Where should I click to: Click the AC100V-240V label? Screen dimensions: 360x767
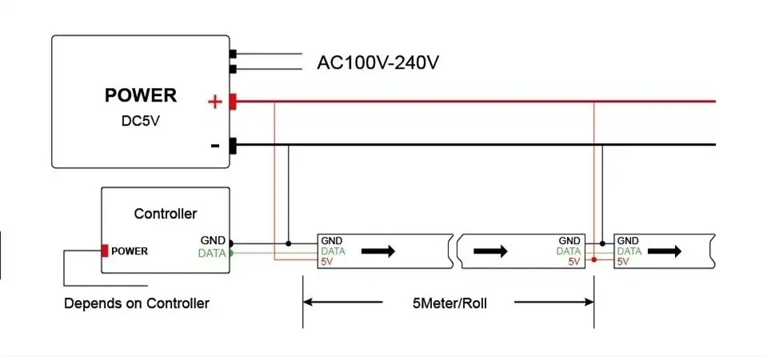(x=378, y=62)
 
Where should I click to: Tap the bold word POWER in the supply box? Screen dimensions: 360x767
(x=140, y=96)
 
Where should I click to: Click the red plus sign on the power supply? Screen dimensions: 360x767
(x=214, y=102)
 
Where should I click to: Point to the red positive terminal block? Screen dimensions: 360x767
(x=233, y=102)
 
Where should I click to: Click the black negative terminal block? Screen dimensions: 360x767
(x=233, y=146)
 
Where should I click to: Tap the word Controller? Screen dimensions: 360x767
(x=165, y=214)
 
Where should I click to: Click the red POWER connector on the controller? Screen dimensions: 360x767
(x=105, y=250)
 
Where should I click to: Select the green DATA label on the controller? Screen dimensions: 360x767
(x=213, y=253)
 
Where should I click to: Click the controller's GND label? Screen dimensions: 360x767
(x=214, y=241)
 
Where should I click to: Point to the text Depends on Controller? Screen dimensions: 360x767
(x=137, y=303)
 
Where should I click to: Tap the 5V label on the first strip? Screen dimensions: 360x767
(x=326, y=261)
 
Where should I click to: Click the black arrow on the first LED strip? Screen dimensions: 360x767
(x=378, y=250)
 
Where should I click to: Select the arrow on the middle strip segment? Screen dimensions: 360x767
(x=490, y=250)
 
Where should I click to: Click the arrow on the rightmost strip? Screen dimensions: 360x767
(x=665, y=250)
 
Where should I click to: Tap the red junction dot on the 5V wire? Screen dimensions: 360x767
(x=593, y=260)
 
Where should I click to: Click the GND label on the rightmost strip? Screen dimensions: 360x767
(x=628, y=241)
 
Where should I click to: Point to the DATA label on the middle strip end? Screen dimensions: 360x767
(x=569, y=250)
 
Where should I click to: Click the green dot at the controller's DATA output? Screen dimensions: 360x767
(x=231, y=253)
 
